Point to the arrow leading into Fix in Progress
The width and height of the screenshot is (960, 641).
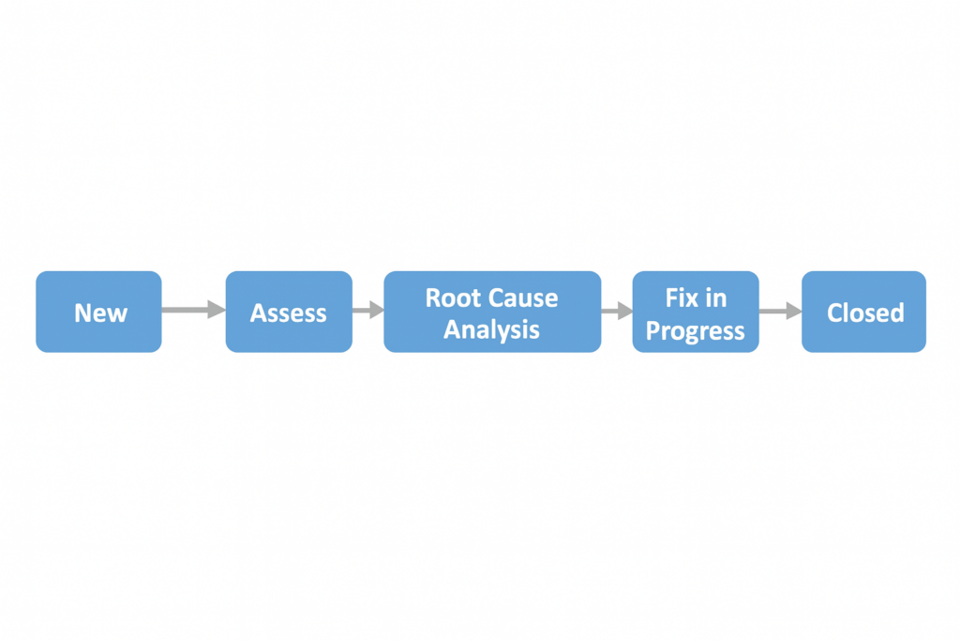(x=615, y=311)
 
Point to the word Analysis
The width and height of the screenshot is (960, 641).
(x=491, y=330)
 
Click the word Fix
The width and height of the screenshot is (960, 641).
(x=682, y=298)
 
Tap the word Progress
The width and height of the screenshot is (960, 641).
(x=696, y=331)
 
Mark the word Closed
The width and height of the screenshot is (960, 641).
(x=864, y=313)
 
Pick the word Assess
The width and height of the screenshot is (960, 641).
(x=289, y=313)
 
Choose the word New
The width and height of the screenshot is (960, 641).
(x=100, y=313)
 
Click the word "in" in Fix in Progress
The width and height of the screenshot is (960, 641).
(x=716, y=298)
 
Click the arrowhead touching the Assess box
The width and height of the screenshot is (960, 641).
(x=217, y=310)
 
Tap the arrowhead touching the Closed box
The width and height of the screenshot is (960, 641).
(x=793, y=311)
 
